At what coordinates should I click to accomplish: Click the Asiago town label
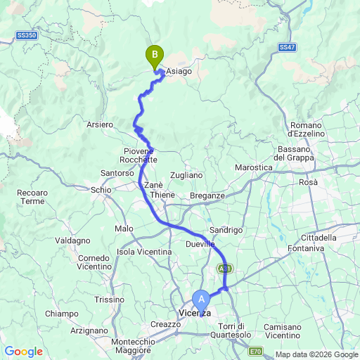[179, 71]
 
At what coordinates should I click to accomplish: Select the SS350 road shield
[26, 34]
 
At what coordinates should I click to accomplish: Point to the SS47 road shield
[286, 47]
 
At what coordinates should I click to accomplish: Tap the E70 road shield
[257, 351]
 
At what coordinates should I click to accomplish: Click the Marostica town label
[253, 167]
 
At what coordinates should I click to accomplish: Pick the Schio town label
[102, 189]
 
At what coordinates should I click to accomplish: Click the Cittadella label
[318, 238]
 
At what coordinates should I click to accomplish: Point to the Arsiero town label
[99, 124]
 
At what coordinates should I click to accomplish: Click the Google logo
[23, 352]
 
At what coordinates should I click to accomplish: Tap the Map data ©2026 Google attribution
[316, 354]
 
